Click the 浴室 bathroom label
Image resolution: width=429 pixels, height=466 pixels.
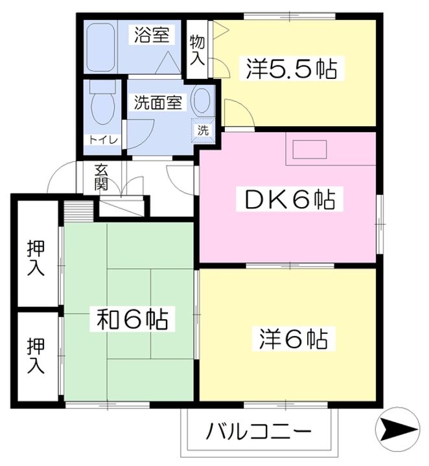153,36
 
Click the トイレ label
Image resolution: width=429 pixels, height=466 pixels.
99,139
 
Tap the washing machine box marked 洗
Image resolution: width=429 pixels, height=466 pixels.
203,130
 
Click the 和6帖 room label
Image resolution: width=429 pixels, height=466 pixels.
132,318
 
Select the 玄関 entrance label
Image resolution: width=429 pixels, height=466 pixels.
101,177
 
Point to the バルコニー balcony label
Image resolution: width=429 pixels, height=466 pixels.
260,430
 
